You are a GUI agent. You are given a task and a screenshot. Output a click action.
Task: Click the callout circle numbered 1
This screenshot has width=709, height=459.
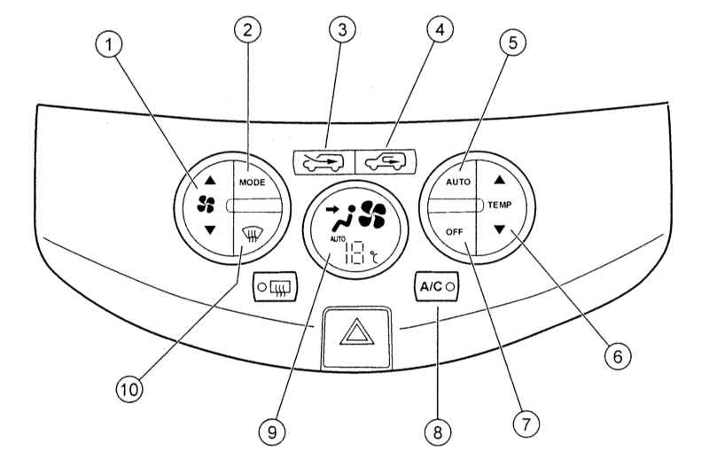click(x=109, y=45)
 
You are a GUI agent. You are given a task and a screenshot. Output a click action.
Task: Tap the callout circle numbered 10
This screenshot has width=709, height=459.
click(x=129, y=389)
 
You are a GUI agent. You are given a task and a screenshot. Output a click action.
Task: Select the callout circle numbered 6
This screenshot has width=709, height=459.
click(x=618, y=356)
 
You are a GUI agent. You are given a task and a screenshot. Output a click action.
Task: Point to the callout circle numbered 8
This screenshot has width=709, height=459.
click(x=437, y=432)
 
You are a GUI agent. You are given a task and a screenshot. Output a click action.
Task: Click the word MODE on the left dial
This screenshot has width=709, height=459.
click(x=253, y=183)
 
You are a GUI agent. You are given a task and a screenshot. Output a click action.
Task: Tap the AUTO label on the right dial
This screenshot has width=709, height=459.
click(x=458, y=182)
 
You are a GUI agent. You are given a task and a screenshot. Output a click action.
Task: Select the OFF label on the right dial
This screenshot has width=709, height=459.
click(x=455, y=231)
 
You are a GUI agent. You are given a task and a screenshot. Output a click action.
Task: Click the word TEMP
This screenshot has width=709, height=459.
click(x=500, y=205)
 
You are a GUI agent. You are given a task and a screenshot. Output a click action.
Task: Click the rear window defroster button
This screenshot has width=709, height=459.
click(x=276, y=286)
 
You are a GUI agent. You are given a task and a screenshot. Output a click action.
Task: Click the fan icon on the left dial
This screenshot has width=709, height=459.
click(x=206, y=205)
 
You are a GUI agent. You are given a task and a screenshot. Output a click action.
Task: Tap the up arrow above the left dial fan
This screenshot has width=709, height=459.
click(x=210, y=181)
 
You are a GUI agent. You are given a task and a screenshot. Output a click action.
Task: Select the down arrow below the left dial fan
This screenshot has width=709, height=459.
click(x=210, y=230)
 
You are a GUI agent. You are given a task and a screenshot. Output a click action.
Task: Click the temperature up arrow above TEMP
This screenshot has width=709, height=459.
click(x=499, y=180)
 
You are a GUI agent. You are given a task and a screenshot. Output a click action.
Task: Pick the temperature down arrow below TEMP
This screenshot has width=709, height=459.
click(x=499, y=229)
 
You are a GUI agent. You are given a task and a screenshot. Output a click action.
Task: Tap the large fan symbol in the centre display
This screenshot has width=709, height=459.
click(x=372, y=214)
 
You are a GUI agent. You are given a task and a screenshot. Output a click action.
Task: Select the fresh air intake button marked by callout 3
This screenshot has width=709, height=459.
click(x=323, y=162)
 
